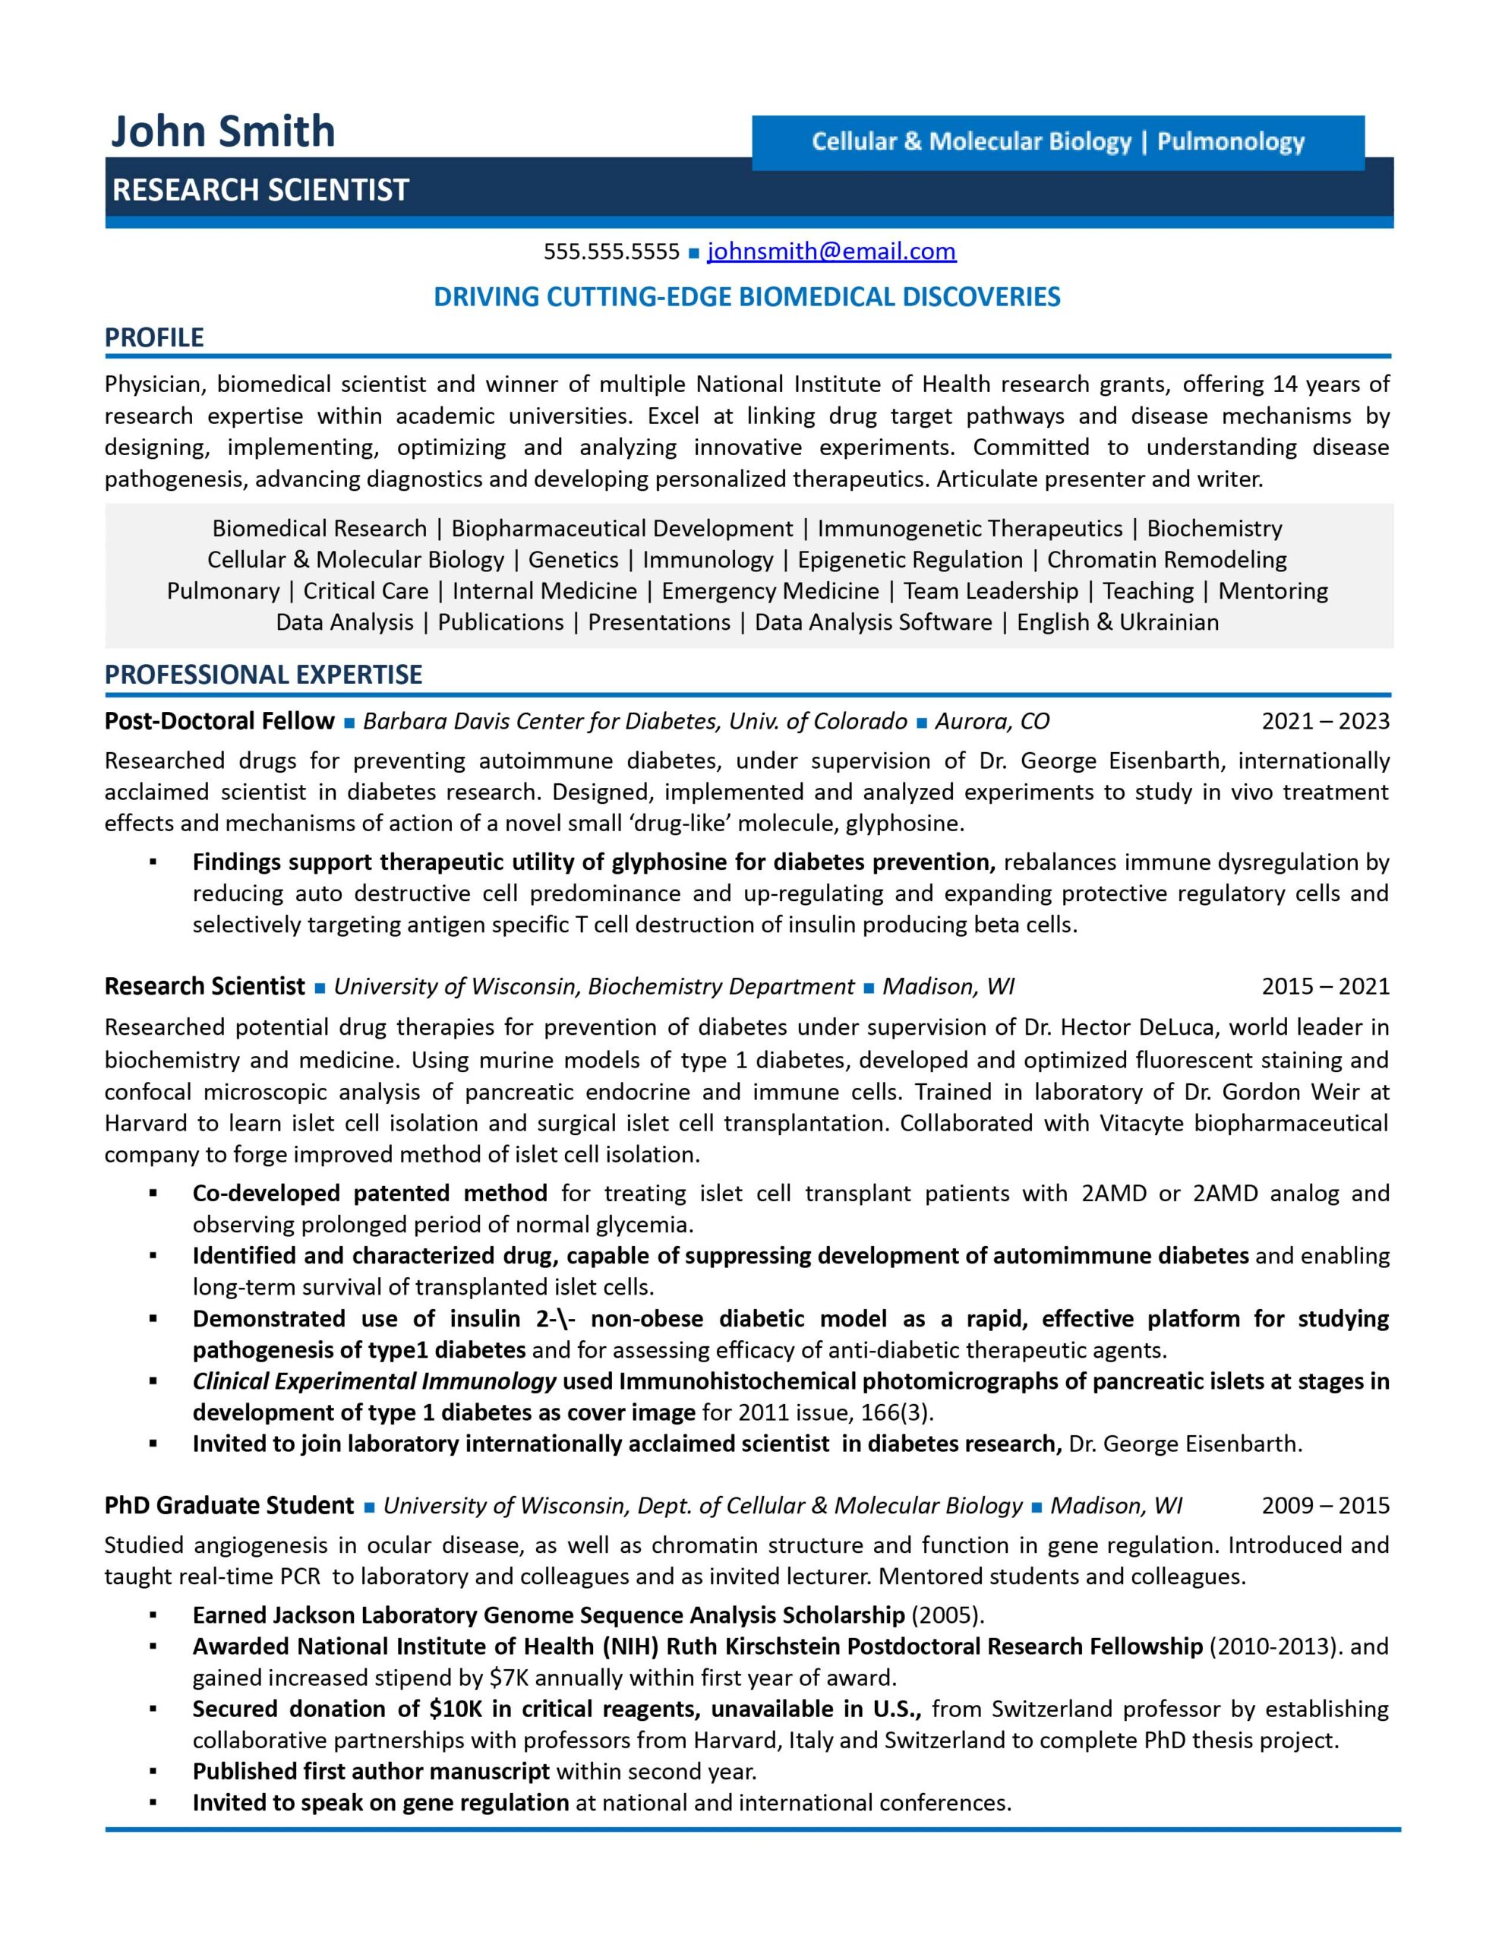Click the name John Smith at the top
pos(222,131)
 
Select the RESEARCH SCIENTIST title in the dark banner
pos(260,190)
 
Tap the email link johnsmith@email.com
pos(831,252)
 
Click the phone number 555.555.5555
pos(612,252)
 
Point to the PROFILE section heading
pos(154,337)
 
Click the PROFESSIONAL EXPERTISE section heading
pos(263,674)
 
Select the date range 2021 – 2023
pos(1325,720)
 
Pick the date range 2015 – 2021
pos(1325,986)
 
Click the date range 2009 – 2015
pos(1325,1505)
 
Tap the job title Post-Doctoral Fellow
pos(219,720)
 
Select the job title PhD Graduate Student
pos(229,1505)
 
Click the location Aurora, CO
pos(992,720)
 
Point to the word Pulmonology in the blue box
pos(1230,141)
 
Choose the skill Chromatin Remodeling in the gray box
pos(1166,559)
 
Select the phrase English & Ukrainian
pos(1117,621)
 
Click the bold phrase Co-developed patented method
pos(370,1193)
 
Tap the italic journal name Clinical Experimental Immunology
pos(374,1380)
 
